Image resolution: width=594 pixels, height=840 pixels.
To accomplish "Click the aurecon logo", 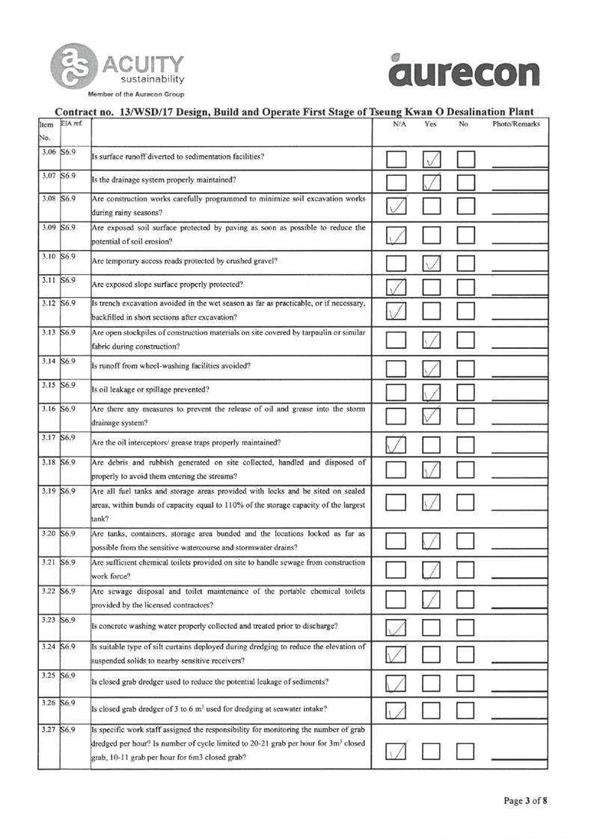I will tap(464, 72).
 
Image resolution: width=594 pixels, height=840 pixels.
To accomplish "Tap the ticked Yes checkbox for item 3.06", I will tap(433, 158).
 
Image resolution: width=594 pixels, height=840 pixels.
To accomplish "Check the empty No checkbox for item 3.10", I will tap(466, 261).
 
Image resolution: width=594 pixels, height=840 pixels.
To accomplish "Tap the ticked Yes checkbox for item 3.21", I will tap(433, 570).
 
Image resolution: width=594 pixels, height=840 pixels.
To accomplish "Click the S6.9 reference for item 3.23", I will tap(70, 618).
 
